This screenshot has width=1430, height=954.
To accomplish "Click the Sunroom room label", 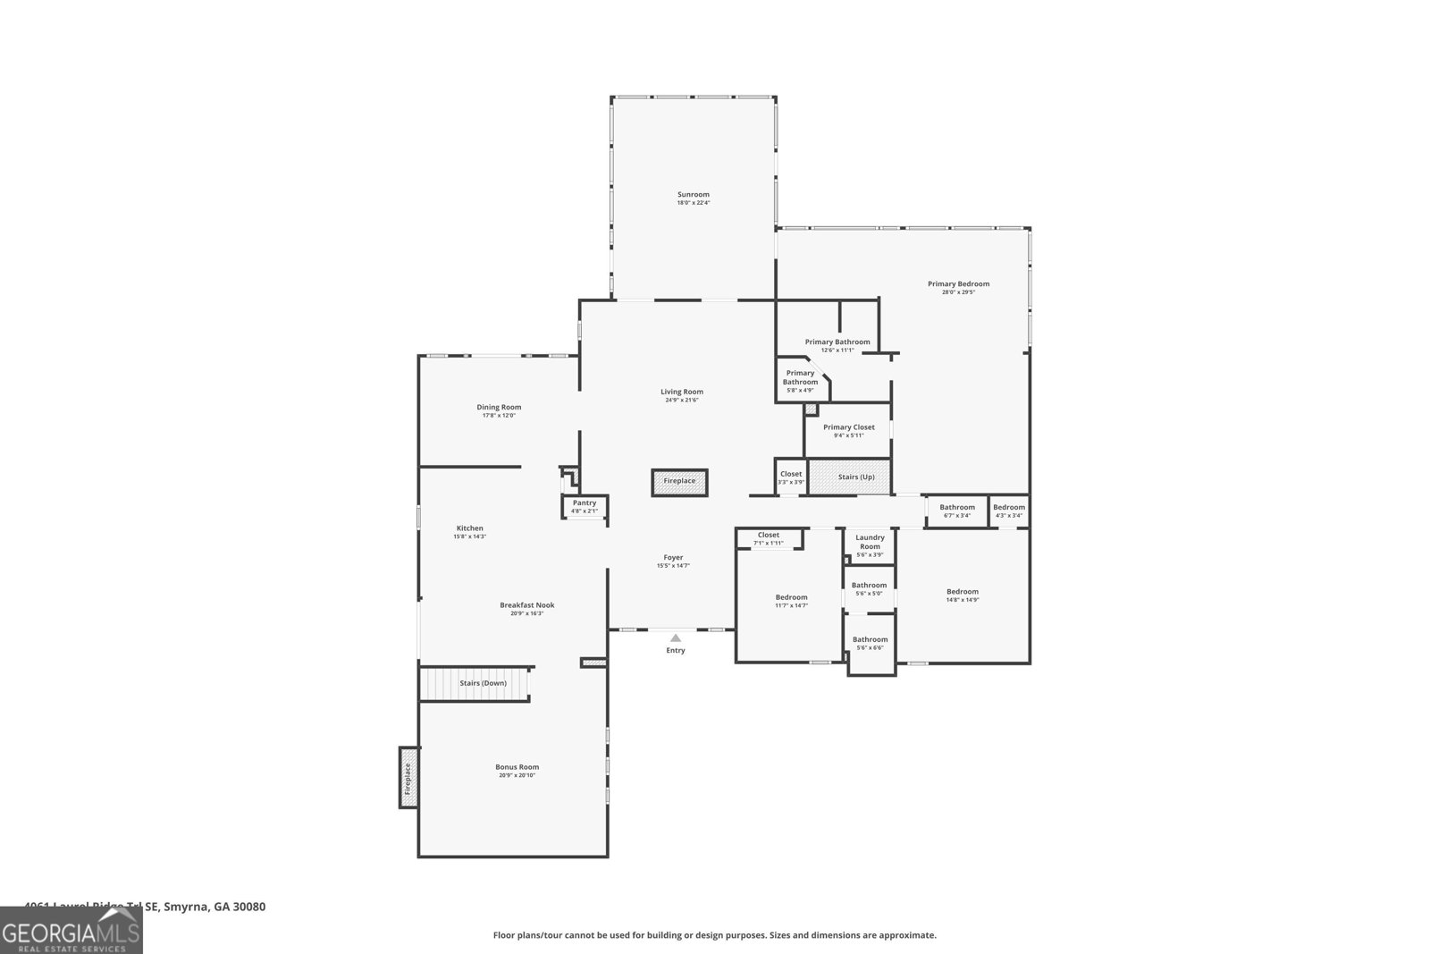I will pyautogui.click(x=693, y=194).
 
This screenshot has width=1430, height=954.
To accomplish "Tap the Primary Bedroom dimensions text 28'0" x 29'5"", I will pyautogui.click(x=958, y=292).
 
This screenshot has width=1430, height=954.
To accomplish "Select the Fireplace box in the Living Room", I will pyautogui.click(x=679, y=482).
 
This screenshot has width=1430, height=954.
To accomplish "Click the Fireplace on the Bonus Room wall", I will pyautogui.click(x=408, y=778).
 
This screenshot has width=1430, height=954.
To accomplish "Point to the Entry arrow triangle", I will pyautogui.click(x=676, y=637).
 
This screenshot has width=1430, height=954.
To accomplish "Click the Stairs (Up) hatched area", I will pyautogui.click(x=850, y=477).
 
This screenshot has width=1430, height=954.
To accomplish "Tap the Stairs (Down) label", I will pyautogui.click(x=483, y=683).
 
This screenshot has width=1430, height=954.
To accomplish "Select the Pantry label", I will pyautogui.click(x=585, y=502).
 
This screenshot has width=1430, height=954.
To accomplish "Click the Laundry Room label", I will pyautogui.click(x=870, y=542).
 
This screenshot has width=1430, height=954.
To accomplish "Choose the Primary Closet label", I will pyautogui.click(x=848, y=427).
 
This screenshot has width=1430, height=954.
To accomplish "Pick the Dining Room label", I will pyautogui.click(x=499, y=407).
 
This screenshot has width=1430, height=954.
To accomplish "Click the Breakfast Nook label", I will pyautogui.click(x=526, y=605).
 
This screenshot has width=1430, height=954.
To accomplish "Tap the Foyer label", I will pyautogui.click(x=673, y=557).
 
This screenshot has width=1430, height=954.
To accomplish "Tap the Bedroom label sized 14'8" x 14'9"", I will pyautogui.click(x=963, y=591).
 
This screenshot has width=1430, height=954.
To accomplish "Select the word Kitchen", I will pyautogui.click(x=469, y=528).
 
